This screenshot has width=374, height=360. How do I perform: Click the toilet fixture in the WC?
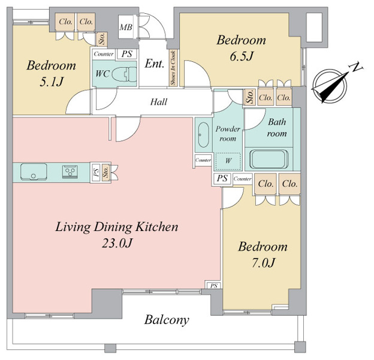point(124,74)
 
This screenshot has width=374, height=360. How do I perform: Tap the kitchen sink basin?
point(34,172)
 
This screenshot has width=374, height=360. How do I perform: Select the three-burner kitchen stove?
point(70,172)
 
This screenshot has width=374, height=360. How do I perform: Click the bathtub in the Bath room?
point(269,158)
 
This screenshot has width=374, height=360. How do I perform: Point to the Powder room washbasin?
point(203,135)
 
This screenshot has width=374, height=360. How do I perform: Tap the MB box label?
point(126,27)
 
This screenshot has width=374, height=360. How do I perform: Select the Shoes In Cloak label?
point(173,68)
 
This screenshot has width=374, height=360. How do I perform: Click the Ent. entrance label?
point(155,64)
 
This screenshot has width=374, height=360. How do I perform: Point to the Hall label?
point(159,102)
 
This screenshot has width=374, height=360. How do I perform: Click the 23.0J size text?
point(117,243)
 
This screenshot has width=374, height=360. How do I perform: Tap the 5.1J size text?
point(52,82)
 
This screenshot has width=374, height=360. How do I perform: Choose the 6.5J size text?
point(241,56)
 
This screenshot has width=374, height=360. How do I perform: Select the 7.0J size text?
point(263,263)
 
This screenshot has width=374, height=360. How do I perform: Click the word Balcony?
point(167,320)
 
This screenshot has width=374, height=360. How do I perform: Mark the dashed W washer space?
point(228,161)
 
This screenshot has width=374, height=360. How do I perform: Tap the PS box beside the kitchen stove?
point(96,173)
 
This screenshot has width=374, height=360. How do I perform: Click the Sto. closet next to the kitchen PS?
point(105,173)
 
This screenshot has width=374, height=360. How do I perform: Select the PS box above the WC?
point(126,54)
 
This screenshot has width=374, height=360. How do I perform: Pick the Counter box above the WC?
point(104,54)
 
